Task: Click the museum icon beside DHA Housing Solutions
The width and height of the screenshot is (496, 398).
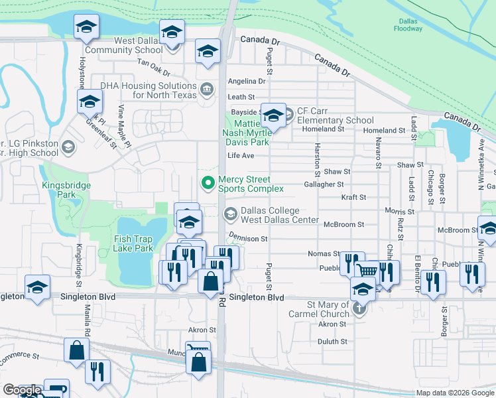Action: [207, 90]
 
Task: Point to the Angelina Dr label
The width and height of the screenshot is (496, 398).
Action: [246, 82]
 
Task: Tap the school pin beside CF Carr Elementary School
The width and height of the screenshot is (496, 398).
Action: [273, 117]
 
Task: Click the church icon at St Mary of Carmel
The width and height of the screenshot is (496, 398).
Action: [359, 308]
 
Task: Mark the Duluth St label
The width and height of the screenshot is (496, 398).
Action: [333, 342]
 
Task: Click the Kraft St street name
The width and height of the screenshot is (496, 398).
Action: [353, 198]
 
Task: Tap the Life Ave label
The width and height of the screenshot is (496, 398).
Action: [241, 156]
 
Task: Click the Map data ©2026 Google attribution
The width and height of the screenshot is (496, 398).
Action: [454, 393]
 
